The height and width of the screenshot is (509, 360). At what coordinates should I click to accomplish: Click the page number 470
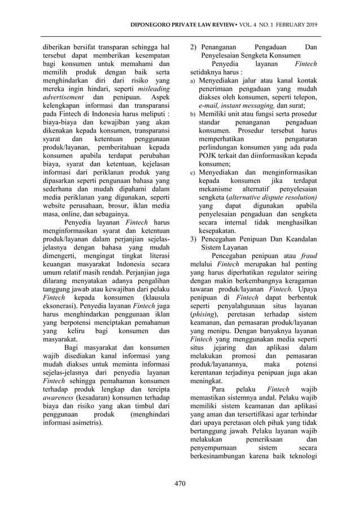(180, 483)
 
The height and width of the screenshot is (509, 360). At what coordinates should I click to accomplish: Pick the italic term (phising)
(204, 313)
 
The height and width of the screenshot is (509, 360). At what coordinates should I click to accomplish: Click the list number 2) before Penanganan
(192, 47)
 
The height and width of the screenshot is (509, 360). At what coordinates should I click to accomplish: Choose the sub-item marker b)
(192, 115)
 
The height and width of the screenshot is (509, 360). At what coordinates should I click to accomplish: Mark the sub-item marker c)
(192, 172)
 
